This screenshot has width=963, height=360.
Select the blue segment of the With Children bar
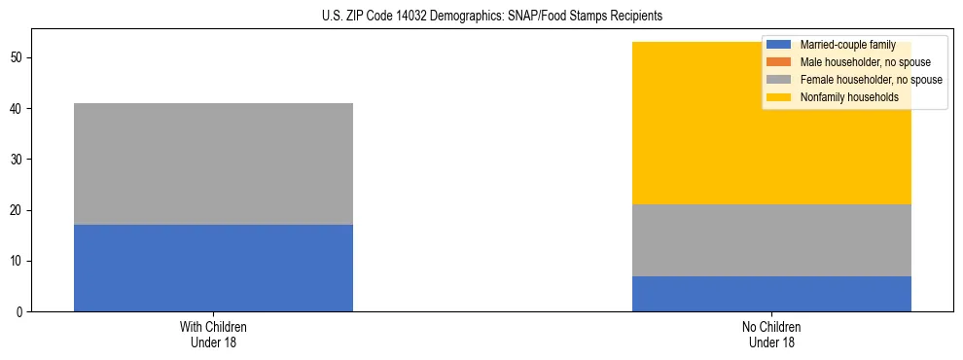pyautogui.click(x=213, y=268)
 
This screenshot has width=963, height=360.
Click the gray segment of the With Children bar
pyautogui.click(x=213, y=163)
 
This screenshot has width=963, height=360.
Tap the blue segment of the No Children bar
pyautogui.click(x=771, y=294)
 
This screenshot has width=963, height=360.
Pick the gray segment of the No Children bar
pyautogui.click(x=771, y=240)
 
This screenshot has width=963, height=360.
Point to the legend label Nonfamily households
pyautogui.click(x=842, y=97)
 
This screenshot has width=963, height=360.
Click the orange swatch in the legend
pyautogui.click(x=779, y=62)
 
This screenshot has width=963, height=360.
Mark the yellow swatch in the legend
pyautogui.click(x=779, y=97)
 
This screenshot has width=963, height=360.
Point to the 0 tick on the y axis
pyautogui.click(x=20, y=312)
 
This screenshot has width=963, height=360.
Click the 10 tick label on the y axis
pyautogui.click(x=18, y=262)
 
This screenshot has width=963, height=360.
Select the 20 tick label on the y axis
pyautogui.click(x=18, y=211)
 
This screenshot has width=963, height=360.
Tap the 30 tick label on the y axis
pyautogui.click(x=18, y=160)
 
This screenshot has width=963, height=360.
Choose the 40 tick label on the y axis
pyautogui.click(x=18, y=109)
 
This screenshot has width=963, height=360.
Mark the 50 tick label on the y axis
pyautogui.click(x=18, y=58)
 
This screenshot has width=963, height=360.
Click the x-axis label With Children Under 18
pyautogui.click(x=213, y=335)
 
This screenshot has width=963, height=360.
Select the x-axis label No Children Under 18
pyautogui.click(x=771, y=335)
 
